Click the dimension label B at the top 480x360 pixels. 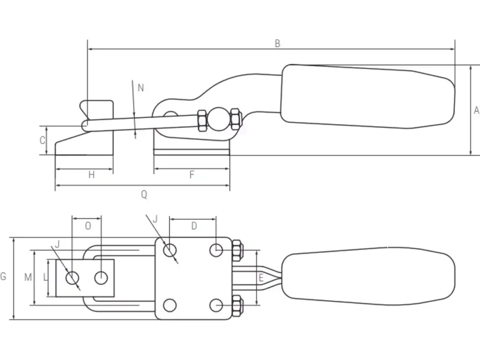(x=277, y=44)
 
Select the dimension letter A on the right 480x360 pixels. (x=476, y=111)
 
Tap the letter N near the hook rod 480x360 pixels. (x=141, y=88)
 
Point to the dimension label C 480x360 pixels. (x=42, y=140)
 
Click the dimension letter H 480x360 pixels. (x=92, y=175)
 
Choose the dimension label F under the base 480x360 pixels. (x=192, y=175)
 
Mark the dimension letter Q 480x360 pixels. (x=144, y=195)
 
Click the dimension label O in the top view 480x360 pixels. (x=88, y=226)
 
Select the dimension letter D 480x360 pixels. (x=194, y=226)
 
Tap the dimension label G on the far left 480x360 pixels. (x=4, y=277)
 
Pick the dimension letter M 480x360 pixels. (x=28, y=277)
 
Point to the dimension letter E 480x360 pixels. (x=261, y=277)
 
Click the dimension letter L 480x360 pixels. (x=45, y=277)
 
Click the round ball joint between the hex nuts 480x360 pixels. (x=218, y=120)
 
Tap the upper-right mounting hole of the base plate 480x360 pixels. (x=216, y=250)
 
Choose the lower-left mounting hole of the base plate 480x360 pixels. (x=170, y=305)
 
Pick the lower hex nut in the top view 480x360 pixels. (x=237, y=306)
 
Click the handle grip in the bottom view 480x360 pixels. (x=370, y=277)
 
